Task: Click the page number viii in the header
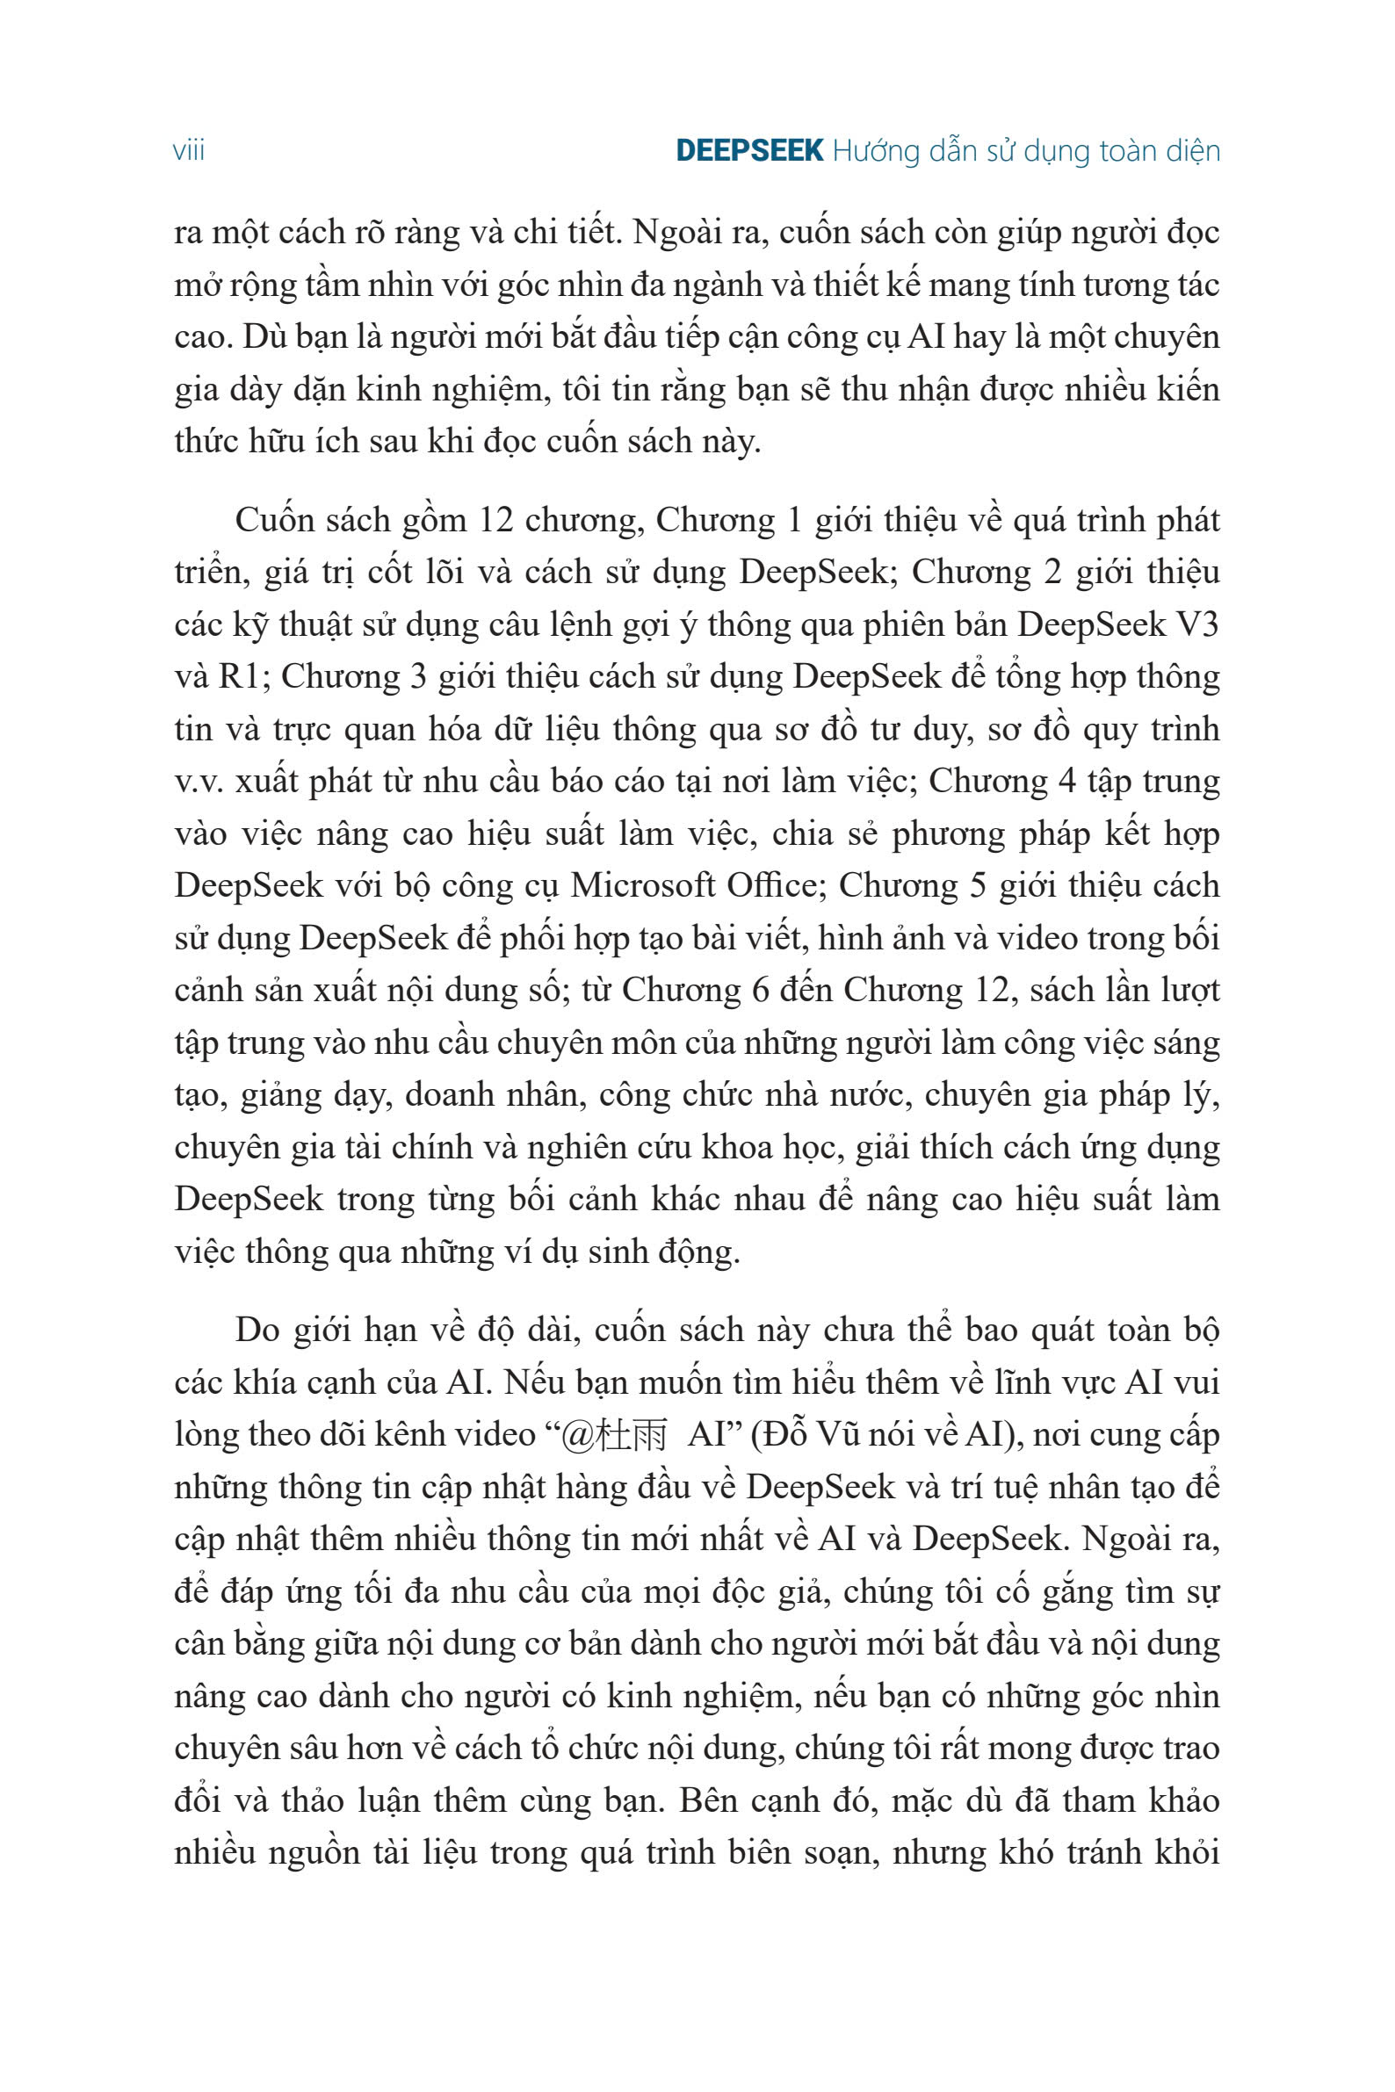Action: pos(189,151)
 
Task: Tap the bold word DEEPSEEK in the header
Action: pos(749,151)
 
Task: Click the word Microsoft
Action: pos(640,886)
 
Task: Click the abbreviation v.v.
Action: pos(202,782)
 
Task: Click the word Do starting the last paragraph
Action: pos(257,1331)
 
